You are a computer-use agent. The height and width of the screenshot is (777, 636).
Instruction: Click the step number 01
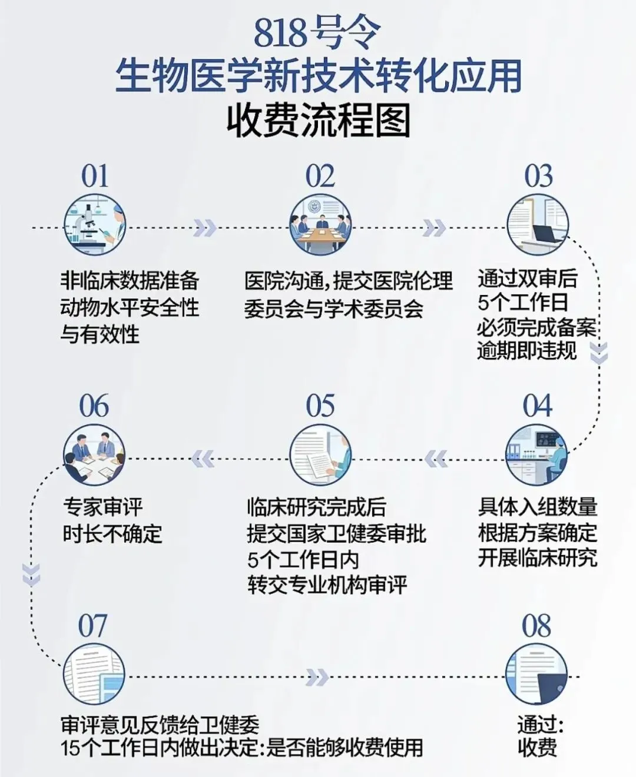pyautogui.click(x=95, y=176)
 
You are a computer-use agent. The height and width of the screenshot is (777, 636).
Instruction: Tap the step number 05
pyautogui.click(x=320, y=406)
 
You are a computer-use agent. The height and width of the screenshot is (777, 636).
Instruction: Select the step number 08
pyautogui.click(x=536, y=626)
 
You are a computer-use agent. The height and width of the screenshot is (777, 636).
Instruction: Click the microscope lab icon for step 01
pyautogui.click(x=94, y=225)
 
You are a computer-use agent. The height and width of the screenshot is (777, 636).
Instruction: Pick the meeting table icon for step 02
pyautogui.click(x=320, y=225)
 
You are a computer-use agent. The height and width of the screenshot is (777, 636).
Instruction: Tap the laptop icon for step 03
pyautogui.click(x=538, y=225)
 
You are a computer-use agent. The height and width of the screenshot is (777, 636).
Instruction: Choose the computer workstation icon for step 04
pyautogui.click(x=537, y=455)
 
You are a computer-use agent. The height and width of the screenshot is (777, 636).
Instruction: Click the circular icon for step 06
pyautogui.click(x=94, y=455)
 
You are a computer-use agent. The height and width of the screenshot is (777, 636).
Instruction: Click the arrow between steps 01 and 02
pyautogui.click(x=205, y=228)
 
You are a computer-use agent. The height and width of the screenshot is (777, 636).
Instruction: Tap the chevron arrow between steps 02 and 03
pyautogui.click(x=434, y=228)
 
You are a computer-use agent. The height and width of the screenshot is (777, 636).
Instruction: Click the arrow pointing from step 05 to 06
pyautogui.click(x=203, y=458)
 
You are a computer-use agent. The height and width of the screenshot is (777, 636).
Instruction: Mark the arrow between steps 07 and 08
pyautogui.click(x=317, y=678)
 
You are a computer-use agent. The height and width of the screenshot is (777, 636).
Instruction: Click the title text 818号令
pyautogui.click(x=317, y=34)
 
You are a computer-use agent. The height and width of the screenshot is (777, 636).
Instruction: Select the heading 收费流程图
pyautogui.click(x=318, y=121)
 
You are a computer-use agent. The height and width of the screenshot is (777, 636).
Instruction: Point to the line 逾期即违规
pyautogui.click(x=527, y=351)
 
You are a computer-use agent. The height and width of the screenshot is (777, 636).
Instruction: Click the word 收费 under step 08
pyautogui.click(x=537, y=748)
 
